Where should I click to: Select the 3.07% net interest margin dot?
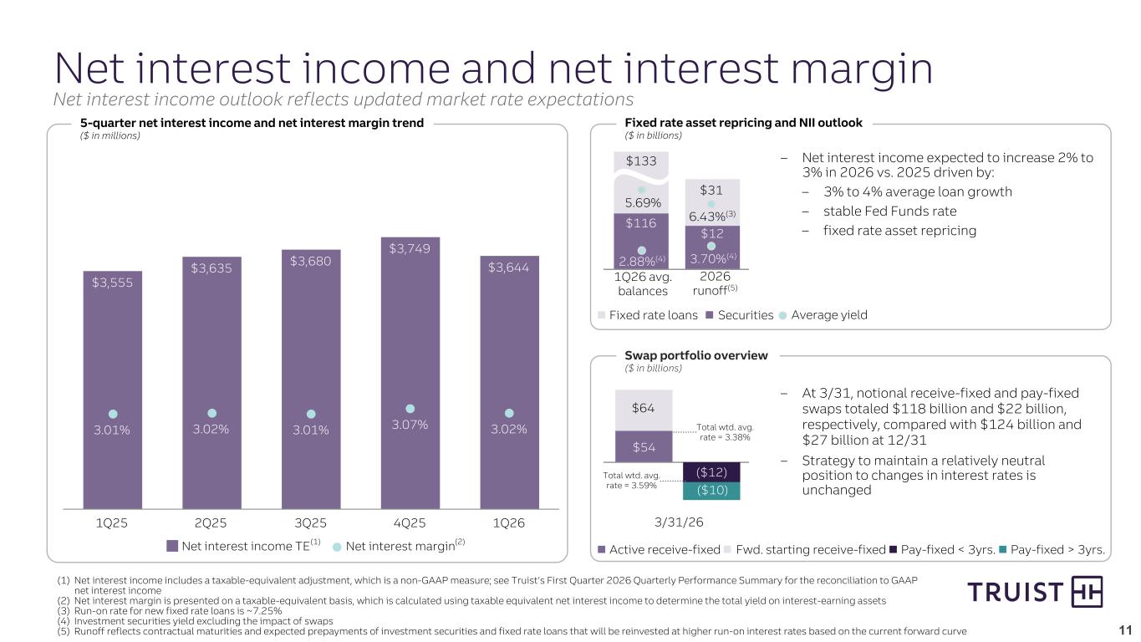(410, 409)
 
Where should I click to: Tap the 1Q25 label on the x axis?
(112, 523)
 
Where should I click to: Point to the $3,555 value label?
(112, 283)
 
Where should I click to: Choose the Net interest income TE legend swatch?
(172, 547)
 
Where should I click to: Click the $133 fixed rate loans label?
(641, 160)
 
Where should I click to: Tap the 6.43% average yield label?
(707, 217)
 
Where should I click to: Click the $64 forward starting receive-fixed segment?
(643, 409)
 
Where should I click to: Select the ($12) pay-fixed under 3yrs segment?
(711, 472)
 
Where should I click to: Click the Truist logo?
(1035, 593)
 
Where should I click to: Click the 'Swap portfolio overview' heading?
(695, 355)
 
